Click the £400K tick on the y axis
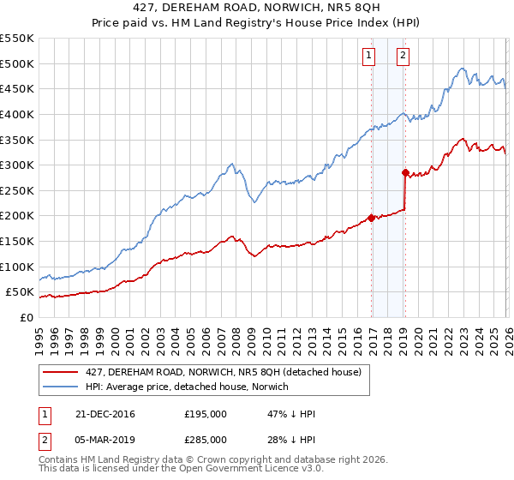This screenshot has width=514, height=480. point(17,114)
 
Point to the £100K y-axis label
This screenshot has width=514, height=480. point(17,267)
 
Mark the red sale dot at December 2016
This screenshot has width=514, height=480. point(371,218)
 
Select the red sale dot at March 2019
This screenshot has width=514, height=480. point(404,172)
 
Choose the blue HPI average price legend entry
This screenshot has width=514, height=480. point(188,387)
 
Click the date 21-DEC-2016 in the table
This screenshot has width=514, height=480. point(105,414)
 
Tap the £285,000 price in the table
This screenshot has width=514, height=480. point(206,440)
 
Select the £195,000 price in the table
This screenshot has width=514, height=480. point(206,414)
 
